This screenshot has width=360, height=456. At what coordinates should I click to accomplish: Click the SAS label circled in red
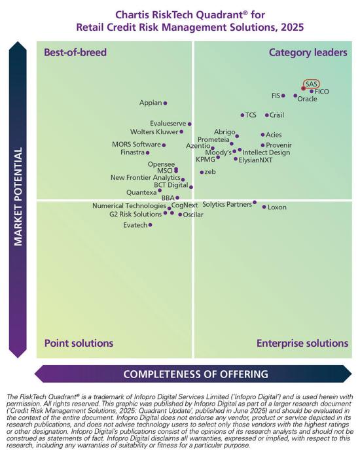coord(312,84)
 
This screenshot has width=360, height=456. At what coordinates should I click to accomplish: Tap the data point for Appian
coord(165,103)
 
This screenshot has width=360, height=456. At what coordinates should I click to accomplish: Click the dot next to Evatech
coord(151,224)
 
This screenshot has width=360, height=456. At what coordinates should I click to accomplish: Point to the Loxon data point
coord(264,207)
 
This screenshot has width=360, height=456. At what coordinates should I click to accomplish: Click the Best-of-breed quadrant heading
coord(75,52)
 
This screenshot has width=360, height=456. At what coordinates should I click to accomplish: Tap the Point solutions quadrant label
coord(79,343)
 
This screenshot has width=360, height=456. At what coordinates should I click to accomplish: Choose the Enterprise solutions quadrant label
coord(302,343)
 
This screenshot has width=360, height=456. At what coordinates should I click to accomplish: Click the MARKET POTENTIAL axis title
coord(18,196)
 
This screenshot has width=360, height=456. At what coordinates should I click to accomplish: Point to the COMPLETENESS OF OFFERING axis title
coord(196,374)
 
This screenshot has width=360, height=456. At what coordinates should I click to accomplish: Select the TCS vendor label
coord(251,115)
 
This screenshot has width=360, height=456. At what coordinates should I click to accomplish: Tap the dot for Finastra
coord(147,153)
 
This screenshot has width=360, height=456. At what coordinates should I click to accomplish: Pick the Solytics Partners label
coord(226,204)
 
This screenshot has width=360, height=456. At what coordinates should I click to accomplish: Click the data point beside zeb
coord(202,172)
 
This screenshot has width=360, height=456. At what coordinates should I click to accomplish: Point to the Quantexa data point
coord(160,191)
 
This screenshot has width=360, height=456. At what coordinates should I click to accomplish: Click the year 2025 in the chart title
coord(291,27)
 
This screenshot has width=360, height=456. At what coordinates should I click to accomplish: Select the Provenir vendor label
coord(279,145)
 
